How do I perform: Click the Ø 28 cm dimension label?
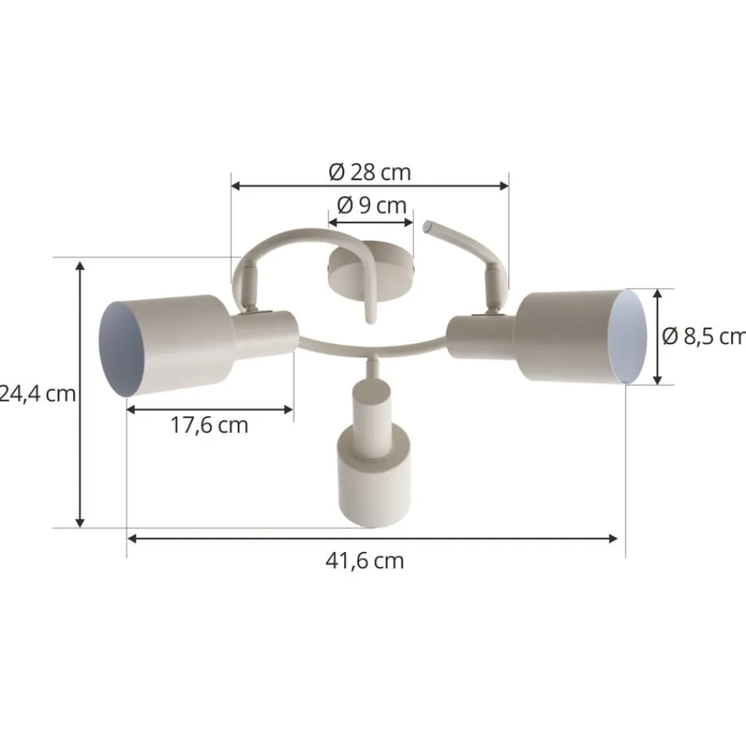click(370, 172)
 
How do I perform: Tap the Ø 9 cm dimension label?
click(371, 205)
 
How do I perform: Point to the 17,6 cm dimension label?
click(209, 426)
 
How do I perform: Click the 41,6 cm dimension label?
click(365, 560)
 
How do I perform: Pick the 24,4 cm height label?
click(37, 393)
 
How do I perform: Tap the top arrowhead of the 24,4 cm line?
click(81, 266)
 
